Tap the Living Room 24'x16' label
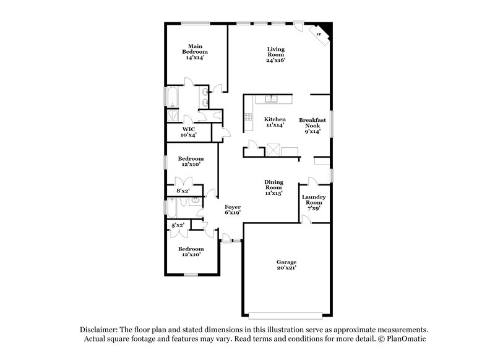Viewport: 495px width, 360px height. click(275, 55)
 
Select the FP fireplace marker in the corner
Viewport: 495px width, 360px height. click(319, 34)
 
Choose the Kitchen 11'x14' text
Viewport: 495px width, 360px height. click(275, 122)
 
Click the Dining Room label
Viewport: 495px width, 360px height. click(274, 187)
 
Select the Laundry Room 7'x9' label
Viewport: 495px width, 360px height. click(312, 202)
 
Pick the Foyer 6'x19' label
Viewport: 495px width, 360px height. click(232, 209)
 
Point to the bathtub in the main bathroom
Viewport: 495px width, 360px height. click(172, 98)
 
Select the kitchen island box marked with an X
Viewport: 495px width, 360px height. click(273, 150)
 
